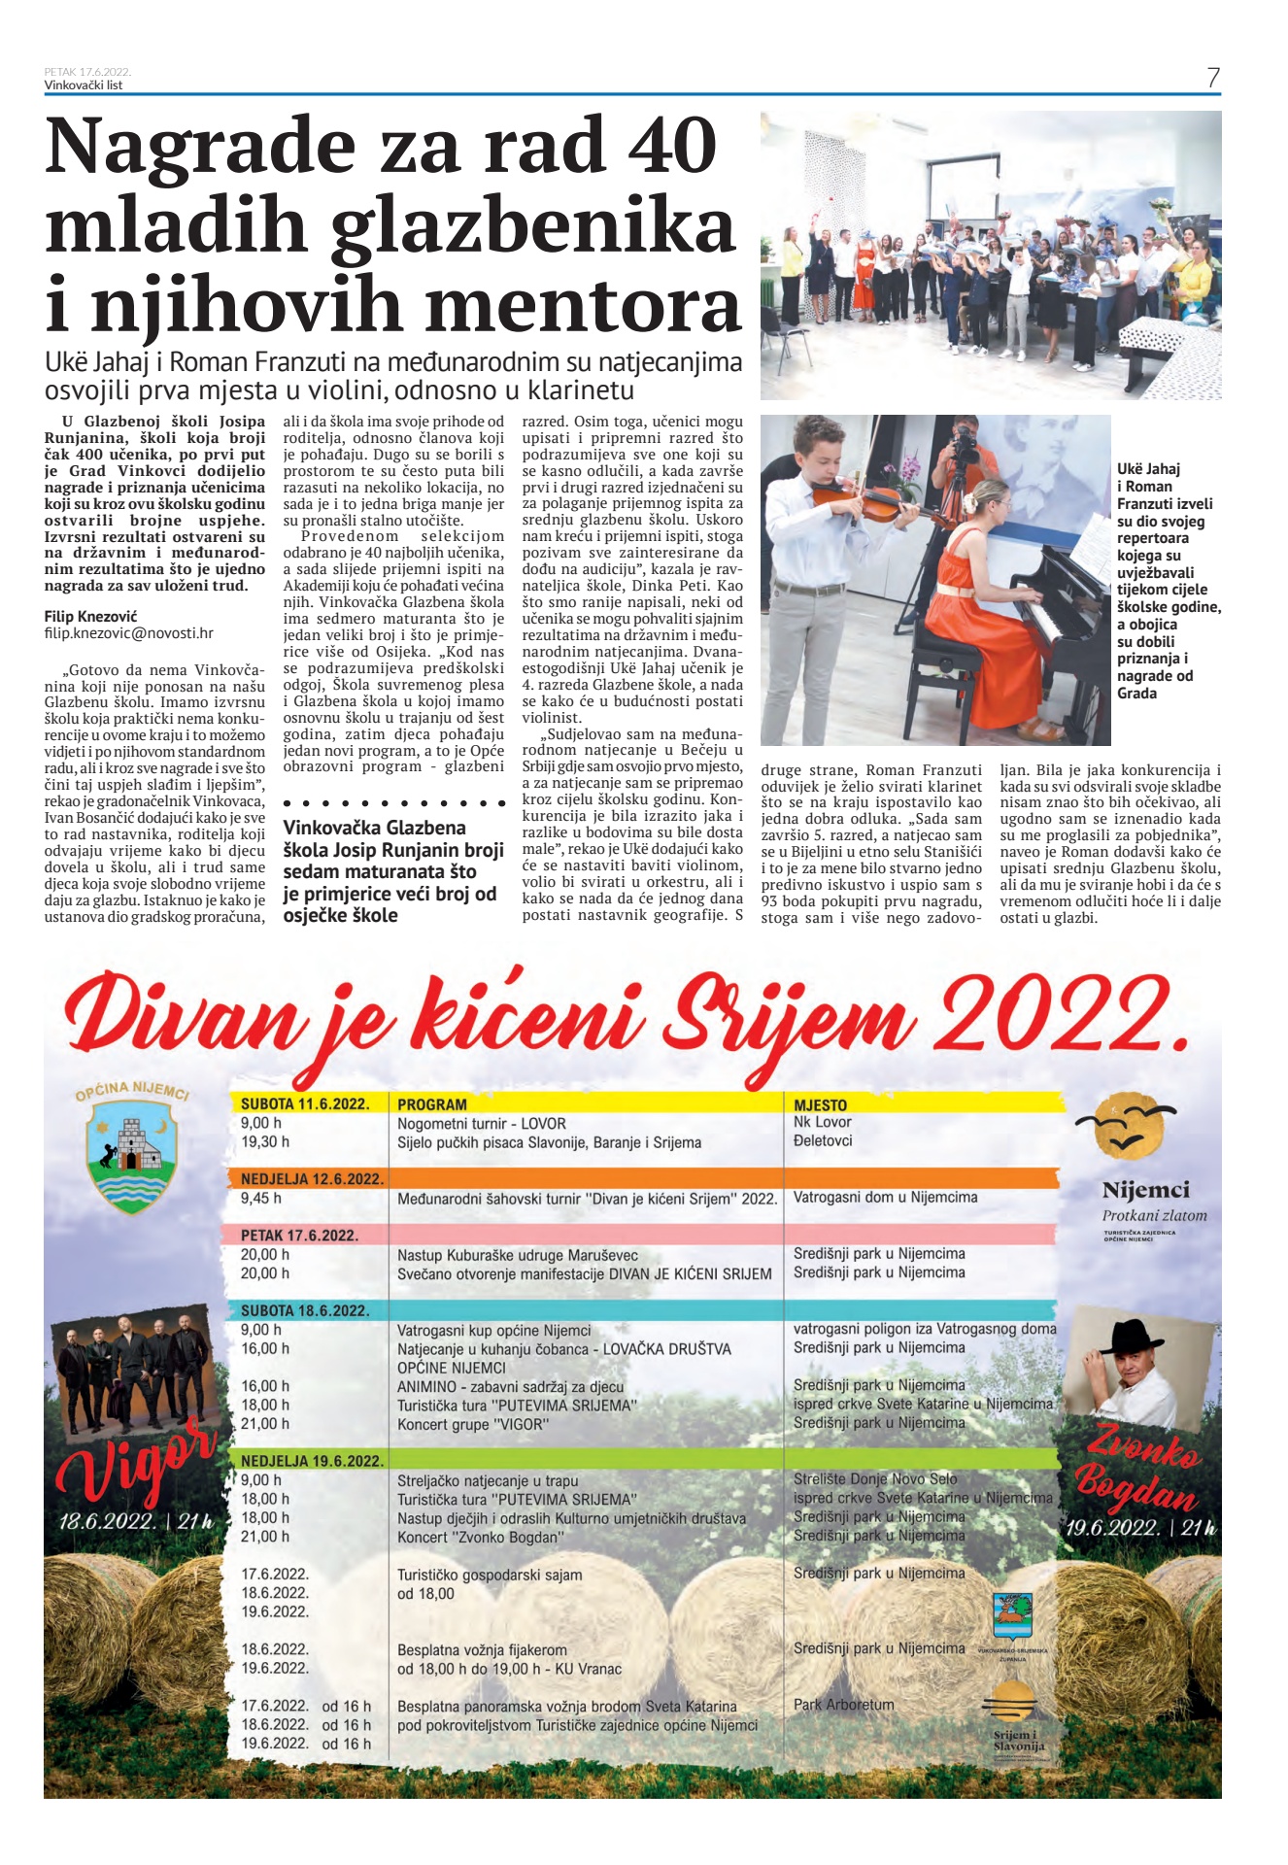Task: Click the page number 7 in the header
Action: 1213,78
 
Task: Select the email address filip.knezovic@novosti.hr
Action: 128,633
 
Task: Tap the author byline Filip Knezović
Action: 90,617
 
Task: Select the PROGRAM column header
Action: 432,1104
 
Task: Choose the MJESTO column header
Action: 820,1105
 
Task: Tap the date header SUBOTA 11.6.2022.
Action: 305,1103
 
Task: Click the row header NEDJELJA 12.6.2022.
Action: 312,1179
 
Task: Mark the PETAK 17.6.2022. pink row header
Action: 299,1236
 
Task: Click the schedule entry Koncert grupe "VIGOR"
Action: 473,1425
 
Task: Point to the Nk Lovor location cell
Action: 822,1122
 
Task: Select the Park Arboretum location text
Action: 843,1705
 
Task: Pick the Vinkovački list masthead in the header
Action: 84,85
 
